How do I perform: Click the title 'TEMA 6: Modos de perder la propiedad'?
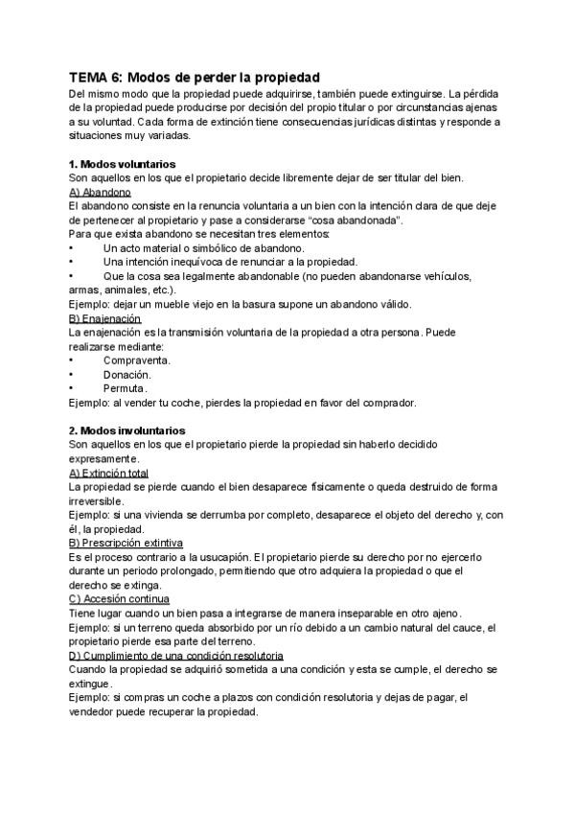coord(195,77)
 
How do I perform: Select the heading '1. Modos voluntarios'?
coord(122,164)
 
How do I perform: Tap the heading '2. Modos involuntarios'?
coord(127,430)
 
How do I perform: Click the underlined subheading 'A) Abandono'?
coord(100,192)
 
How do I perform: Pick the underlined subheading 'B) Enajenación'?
coord(105,317)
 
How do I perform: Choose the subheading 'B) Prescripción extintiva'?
coord(126,543)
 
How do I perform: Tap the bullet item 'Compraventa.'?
coord(137,360)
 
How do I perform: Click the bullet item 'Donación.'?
coord(126,375)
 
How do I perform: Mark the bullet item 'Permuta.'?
coord(126,388)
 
